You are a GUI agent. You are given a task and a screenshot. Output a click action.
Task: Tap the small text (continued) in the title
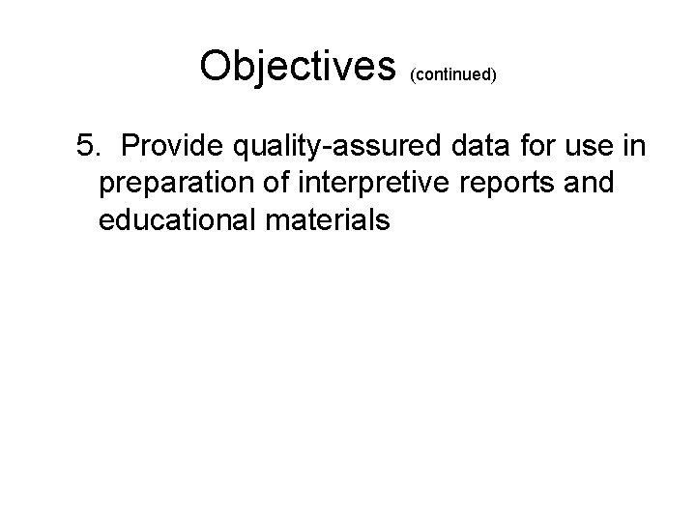453,74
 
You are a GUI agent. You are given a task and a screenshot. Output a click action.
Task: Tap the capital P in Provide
132,146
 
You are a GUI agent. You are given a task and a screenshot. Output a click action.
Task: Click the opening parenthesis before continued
413,74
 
